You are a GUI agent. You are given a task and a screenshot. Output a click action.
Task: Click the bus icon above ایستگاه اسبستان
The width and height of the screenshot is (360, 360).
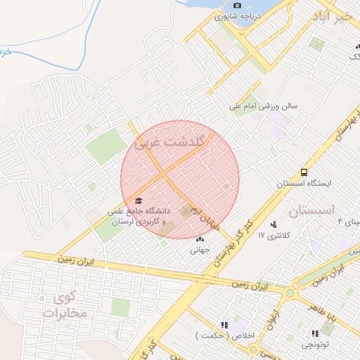point(304,172)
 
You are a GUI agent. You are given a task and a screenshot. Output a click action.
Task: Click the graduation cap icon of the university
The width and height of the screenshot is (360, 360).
point(138,200)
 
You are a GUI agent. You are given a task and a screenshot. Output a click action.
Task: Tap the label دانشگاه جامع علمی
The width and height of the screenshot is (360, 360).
point(139,210)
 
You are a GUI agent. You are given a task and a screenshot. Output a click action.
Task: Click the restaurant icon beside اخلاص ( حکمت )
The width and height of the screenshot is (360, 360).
point(224,325)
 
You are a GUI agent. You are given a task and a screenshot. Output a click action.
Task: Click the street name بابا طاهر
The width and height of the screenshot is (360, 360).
point(328,309)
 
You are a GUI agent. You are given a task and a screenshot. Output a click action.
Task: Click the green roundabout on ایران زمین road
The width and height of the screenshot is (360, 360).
point(290,290)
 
